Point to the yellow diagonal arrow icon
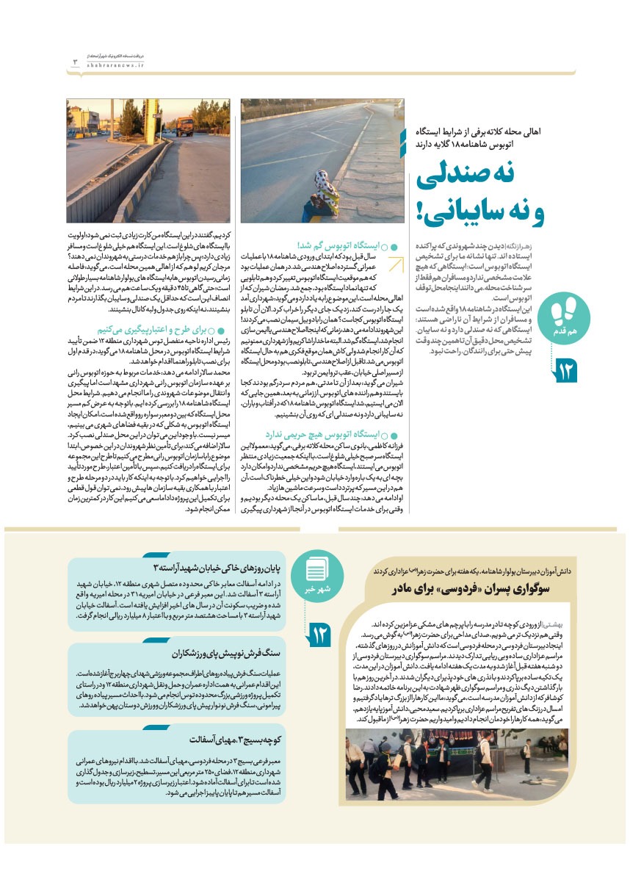(394, 265)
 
